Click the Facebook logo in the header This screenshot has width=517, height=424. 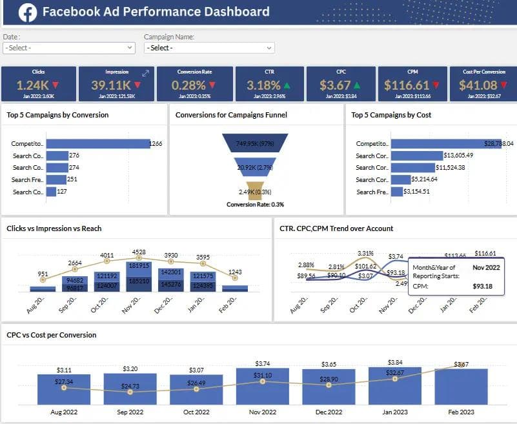click(x=27, y=12)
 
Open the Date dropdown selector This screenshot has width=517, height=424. click(x=68, y=48)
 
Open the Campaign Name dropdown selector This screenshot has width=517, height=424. click(x=209, y=48)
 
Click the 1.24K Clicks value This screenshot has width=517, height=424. click(x=32, y=85)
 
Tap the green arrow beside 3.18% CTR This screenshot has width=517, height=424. click(x=287, y=85)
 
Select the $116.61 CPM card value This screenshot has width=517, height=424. click(x=407, y=85)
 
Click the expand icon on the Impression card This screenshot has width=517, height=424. click(x=146, y=74)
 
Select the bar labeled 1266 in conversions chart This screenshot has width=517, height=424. click(x=97, y=144)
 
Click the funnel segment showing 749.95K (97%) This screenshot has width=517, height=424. click(x=256, y=143)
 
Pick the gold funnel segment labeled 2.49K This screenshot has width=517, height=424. click(x=256, y=191)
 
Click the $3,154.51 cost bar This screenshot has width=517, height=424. click(x=397, y=192)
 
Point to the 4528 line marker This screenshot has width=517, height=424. click(x=137, y=253)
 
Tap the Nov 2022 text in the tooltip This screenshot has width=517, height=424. click(x=486, y=267)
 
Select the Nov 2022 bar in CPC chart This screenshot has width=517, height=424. click(x=263, y=386)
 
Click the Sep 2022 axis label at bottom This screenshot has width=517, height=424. click(x=130, y=412)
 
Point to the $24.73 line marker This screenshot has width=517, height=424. click(x=130, y=392)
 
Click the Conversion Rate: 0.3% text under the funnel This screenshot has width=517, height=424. click(x=256, y=205)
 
